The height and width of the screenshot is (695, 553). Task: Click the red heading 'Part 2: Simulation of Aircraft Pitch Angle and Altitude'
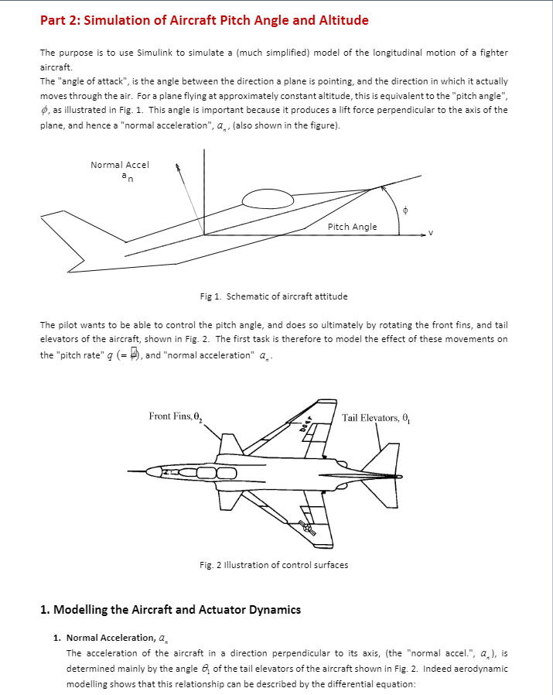point(204,20)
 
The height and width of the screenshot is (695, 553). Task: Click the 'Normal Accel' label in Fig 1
point(120,165)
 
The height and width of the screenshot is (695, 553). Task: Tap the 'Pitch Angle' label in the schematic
point(352,227)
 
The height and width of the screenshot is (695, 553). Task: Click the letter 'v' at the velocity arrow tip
point(431,232)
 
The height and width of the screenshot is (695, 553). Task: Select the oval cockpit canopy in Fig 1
point(268,200)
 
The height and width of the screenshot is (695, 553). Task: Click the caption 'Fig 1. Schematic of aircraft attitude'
point(273,296)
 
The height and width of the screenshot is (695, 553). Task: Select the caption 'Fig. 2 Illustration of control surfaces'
point(273,565)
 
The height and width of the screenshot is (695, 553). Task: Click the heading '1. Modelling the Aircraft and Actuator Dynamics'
point(170,610)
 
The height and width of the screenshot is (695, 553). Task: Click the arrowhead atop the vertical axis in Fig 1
point(204,152)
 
